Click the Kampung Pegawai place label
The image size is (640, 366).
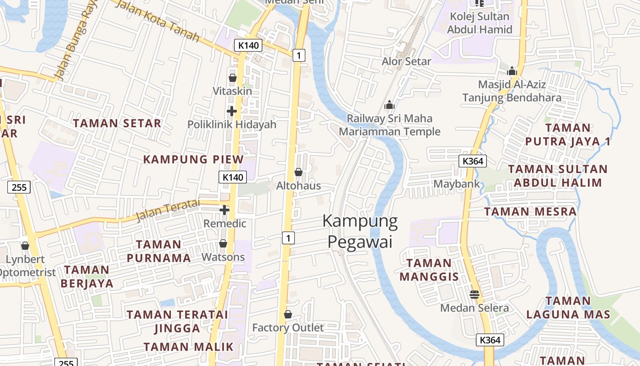[x=360, y=231]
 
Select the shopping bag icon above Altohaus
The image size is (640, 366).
[x=299, y=172]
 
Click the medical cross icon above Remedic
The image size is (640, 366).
[x=224, y=210]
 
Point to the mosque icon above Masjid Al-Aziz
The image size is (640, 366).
[x=512, y=71]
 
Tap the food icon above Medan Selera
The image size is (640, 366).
[x=475, y=294]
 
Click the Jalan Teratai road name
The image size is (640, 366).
[x=168, y=210]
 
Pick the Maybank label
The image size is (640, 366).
[x=457, y=184]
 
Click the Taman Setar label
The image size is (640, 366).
[x=117, y=124]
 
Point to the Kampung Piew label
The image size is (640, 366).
[x=193, y=159]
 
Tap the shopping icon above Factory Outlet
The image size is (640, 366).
[x=288, y=314]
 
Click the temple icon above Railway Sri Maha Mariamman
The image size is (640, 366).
[x=389, y=105]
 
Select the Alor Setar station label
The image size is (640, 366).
[x=406, y=61]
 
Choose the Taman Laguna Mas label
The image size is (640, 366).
[x=568, y=307]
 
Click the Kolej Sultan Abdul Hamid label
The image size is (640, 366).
[x=480, y=23]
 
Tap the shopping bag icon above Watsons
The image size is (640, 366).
[x=223, y=243]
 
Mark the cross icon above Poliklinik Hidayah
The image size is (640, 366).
[x=232, y=111]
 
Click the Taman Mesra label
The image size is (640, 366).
[x=530, y=212]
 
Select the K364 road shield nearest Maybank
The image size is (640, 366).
[x=472, y=161]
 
